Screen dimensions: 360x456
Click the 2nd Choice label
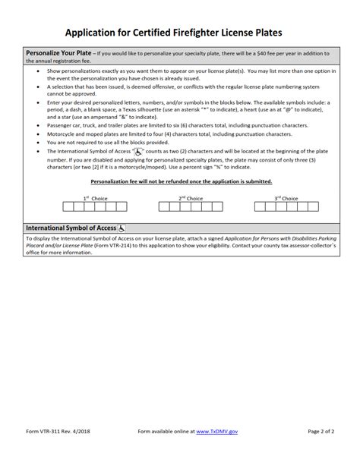point(191,198)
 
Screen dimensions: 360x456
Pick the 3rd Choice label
point(286,198)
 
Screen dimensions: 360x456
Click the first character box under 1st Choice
point(68,206)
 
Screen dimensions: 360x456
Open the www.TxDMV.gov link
point(214,430)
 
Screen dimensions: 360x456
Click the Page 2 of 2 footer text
point(326,430)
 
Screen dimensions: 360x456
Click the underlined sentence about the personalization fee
point(181,182)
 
